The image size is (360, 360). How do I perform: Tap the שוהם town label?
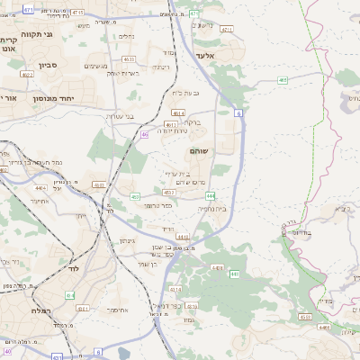(201, 151)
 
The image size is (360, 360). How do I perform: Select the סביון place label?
(48, 65)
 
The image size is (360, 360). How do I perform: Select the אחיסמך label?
(115, 309)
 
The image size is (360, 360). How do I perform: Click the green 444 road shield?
(210, 195)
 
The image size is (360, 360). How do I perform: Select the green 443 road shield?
(235, 274)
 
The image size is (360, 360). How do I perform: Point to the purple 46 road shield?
(144, 135)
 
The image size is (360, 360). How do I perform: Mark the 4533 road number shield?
(305, 317)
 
